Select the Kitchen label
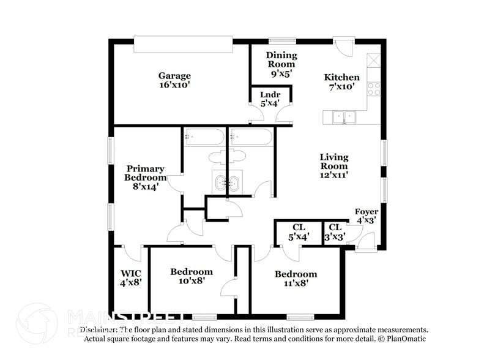pos(341,78)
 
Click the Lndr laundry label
pos(270,95)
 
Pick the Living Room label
pos(333,162)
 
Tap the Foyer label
pos(367,212)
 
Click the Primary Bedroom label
pos(145,173)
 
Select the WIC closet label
pos(130,273)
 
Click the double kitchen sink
pos(344,116)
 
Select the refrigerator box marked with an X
pos(374,61)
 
